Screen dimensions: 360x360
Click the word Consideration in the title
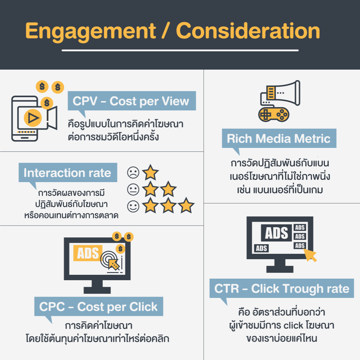[x=248, y=31]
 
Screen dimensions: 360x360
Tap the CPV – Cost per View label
[x=132, y=101]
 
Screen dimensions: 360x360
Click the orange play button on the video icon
[x=33, y=118]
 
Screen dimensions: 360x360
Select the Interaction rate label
[x=68, y=172]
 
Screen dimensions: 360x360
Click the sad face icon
[x=133, y=172]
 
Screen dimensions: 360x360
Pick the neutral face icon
[x=133, y=189]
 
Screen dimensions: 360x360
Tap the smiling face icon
[x=133, y=206]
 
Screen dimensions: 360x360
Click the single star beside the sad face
[x=150, y=172]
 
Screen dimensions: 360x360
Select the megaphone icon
[x=280, y=93]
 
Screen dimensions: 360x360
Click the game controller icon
[x=274, y=114]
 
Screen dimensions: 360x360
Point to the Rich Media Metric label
[x=279, y=138]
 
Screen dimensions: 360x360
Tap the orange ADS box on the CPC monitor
[x=88, y=253]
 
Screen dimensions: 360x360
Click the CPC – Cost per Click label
[x=99, y=306]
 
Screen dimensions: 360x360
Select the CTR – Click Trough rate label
[x=282, y=288]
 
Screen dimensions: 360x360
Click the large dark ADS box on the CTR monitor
[x=276, y=233]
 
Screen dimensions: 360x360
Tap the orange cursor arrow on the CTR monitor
[x=310, y=255]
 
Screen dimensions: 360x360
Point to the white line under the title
[x=180, y=50]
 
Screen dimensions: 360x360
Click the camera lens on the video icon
[x=52, y=118]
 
